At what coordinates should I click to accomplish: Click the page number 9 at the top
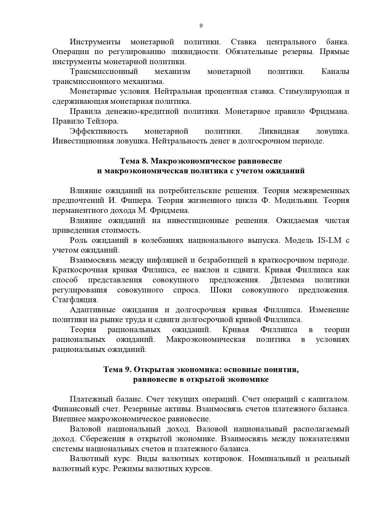click(201, 26)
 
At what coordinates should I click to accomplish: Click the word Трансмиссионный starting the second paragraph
click(104, 72)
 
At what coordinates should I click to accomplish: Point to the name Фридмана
click(329, 111)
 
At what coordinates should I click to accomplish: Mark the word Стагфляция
click(75, 300)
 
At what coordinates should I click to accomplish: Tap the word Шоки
click(221, 290)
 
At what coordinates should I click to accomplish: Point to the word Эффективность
click(99, 131)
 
